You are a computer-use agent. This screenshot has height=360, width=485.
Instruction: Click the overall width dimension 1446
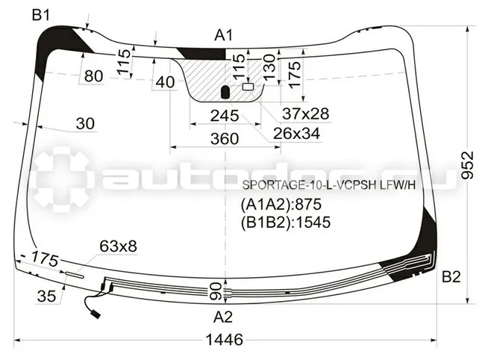pyautogui.click(x=225, y=340)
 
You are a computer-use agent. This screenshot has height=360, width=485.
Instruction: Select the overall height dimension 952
pyautogui.click(x=467, y=165)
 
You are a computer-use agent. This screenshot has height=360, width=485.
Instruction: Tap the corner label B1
pyautogui.click(x=41, y=15)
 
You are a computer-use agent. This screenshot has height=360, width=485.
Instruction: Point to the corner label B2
pyautogui.click(x=451, y=276)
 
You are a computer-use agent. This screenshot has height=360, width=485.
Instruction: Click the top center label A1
pyautogui.click(x=223, y=35)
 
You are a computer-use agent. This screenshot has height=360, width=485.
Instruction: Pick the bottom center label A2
pyautogui.click(x=222, y=317)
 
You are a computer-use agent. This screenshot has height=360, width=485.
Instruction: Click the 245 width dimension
pyautogui.click(x=225, y=116)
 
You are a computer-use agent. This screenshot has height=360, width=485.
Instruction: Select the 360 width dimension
pyautogui.click(x=225, y=139)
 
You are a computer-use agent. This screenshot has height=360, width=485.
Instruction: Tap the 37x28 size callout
pyautogui.click(x=306, y=114)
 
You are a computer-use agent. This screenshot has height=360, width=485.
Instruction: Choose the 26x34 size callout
pyautogui.click(x=296, y=134)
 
